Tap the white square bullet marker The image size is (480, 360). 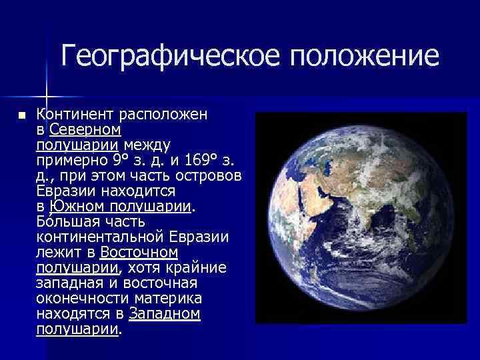click(x=22, y=115)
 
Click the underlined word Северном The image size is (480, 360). click(x=85, y=129)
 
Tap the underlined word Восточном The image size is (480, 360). click(x=139, y=252)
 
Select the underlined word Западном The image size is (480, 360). click(x=165, y=313)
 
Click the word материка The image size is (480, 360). click(x=171, y=298)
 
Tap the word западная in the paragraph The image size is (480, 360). click(x=67, y=283)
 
